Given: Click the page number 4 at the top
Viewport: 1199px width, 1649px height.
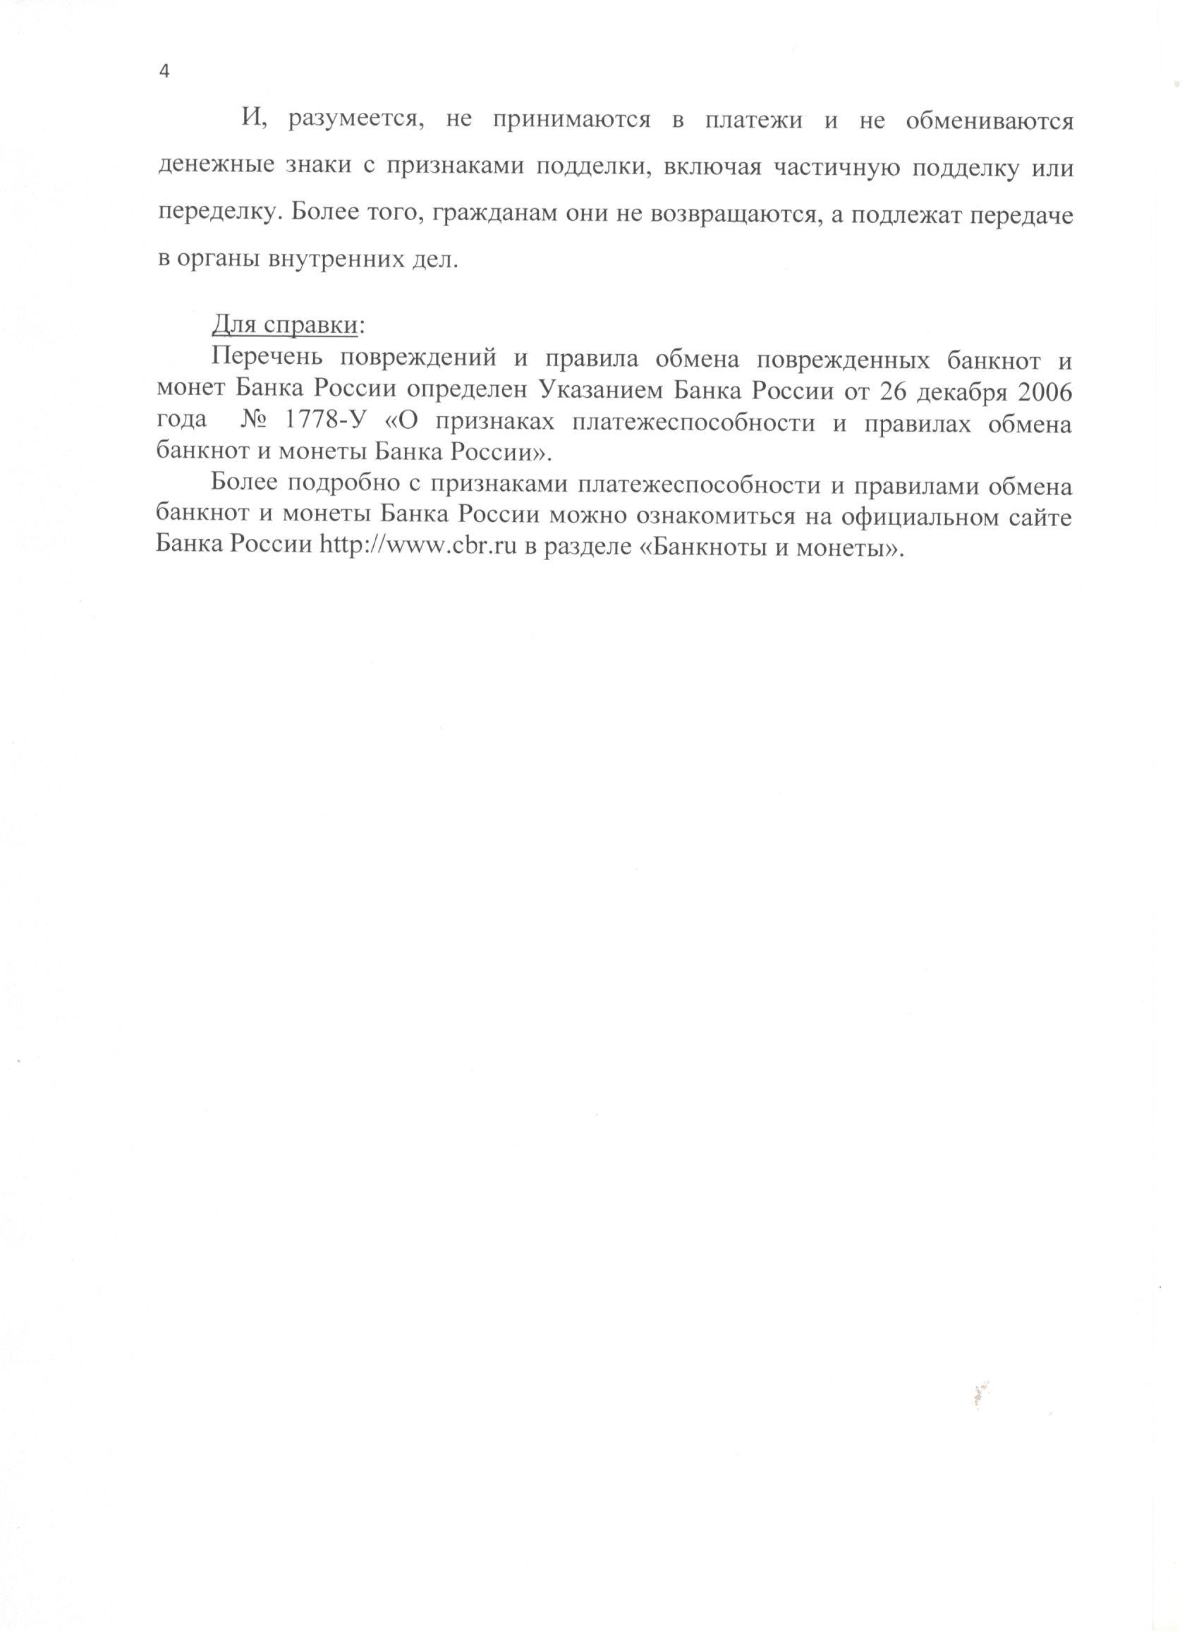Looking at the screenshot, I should point(164,72).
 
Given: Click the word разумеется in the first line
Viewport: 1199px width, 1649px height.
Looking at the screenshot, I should point(355,121).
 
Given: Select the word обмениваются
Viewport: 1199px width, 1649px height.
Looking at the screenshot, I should point(989,121).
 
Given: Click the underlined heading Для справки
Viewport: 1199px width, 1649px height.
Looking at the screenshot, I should point(284,326).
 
